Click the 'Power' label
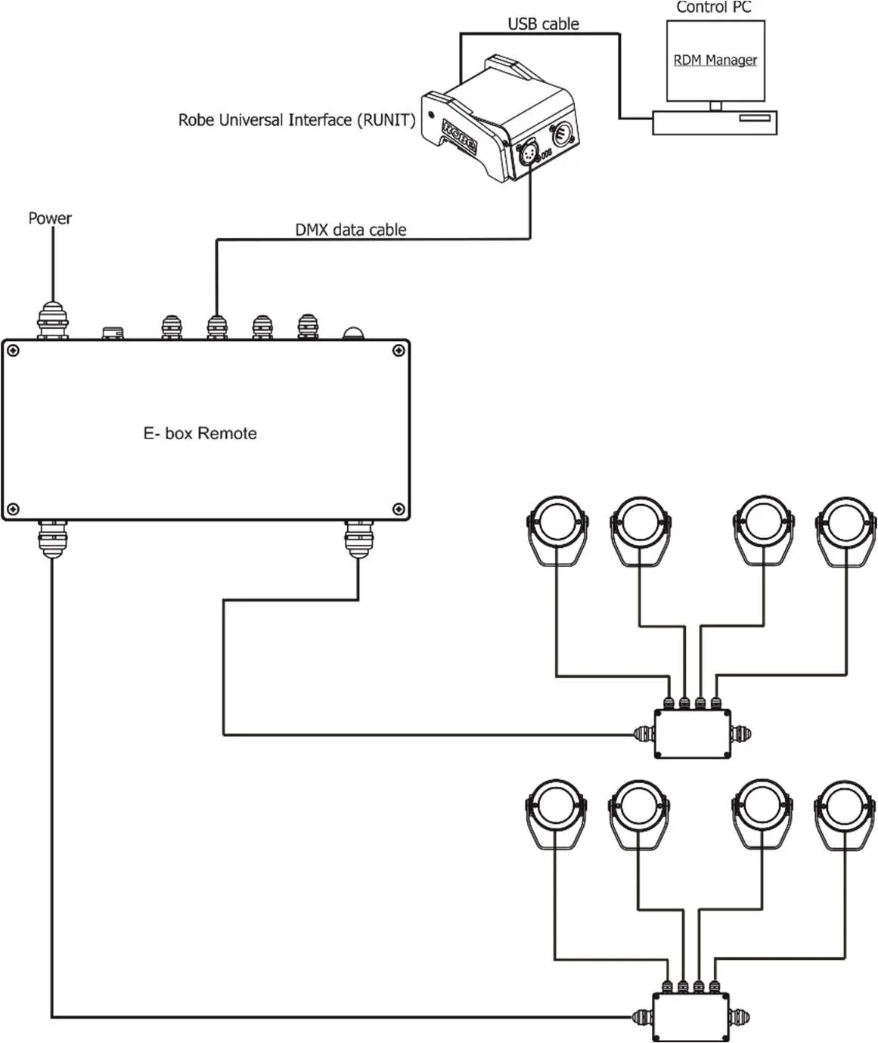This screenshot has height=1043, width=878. (x=50, y=218)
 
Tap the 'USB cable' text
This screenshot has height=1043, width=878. (x=544, y=24)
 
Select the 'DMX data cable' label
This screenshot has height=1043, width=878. (x=350, y=230)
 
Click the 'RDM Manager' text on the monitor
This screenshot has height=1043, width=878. (x=715, y=60)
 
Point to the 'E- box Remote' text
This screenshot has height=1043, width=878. (x=200, y=433)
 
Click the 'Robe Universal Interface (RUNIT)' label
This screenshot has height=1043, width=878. (x=297, y=120)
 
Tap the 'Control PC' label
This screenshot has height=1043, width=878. (x=713, y=7)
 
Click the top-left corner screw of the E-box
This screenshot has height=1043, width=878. (x=14, y=351)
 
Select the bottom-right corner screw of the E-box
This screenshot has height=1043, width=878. (x=399, y=509)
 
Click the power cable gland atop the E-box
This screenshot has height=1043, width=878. (x=52, y=320)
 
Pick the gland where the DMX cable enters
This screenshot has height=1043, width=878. (x=217, y=327)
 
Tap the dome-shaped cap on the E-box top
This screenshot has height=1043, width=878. (x=353, y=333)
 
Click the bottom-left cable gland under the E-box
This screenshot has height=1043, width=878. (x=52, y=539)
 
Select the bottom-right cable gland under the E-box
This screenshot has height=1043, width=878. (x=358, y=539)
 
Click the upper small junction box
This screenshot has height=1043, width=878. (x=693, y=733)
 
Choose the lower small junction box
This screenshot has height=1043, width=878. (x=690, y=1017)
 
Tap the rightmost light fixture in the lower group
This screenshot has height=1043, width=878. (x=845, y=814)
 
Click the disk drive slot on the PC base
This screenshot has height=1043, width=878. (x=755, y=118)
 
